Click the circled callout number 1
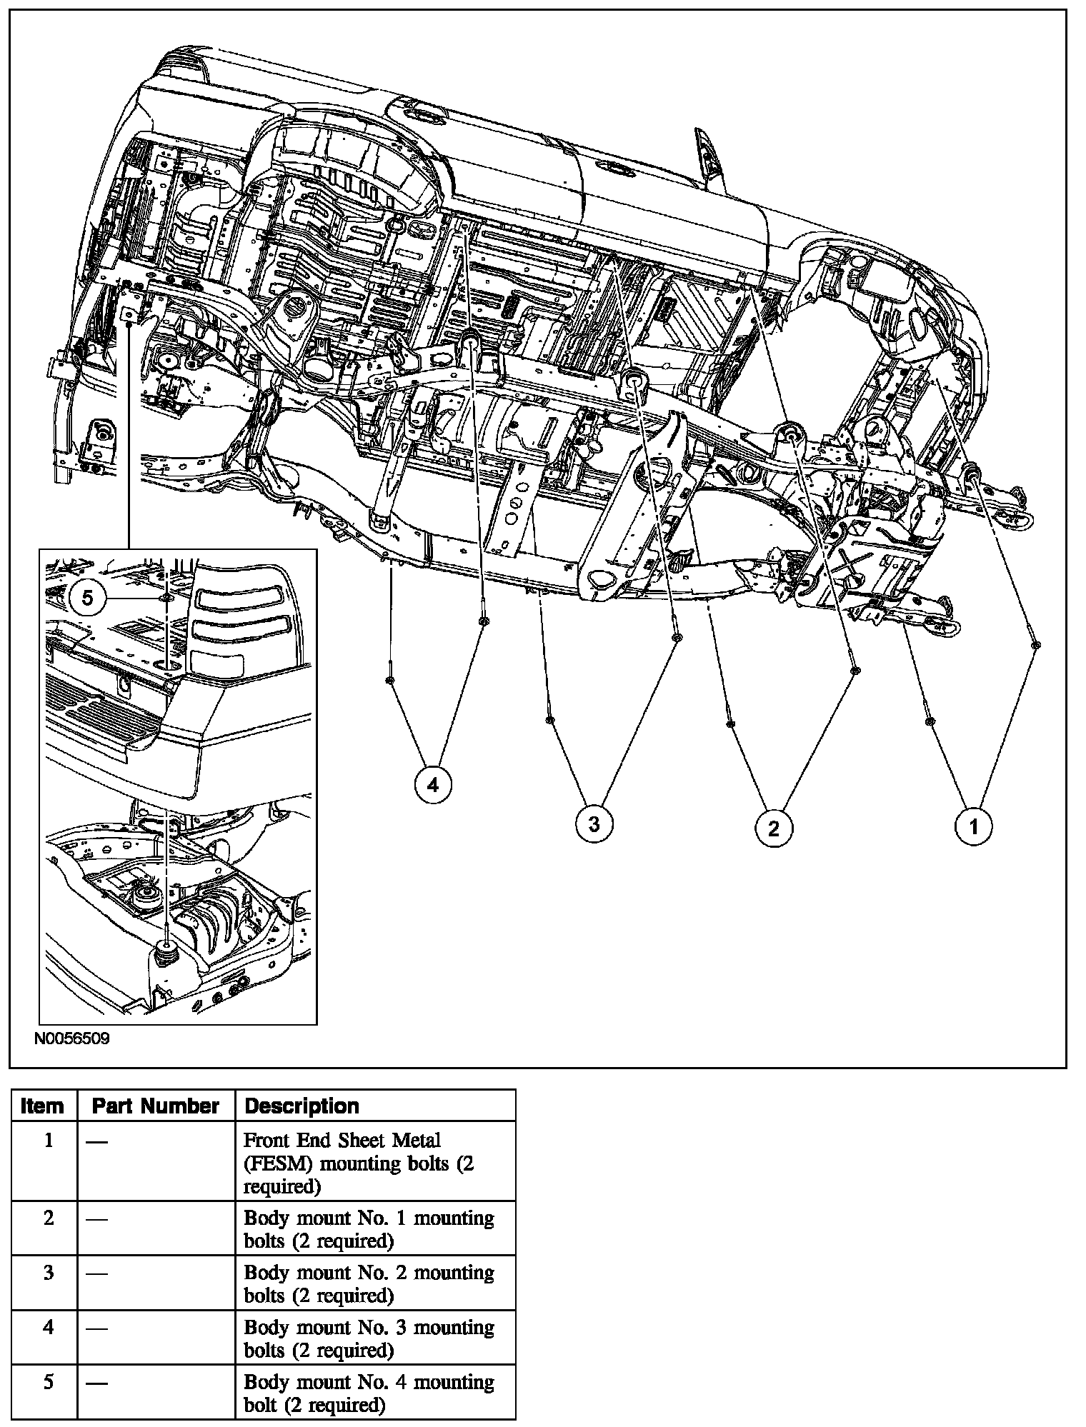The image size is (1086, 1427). click(973, 826)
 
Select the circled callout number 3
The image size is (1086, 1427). click(594, 824)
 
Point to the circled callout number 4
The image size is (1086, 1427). click(433, 786)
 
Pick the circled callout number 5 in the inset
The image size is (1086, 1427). click(87, 597)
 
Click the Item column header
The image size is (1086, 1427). click(42, 1106)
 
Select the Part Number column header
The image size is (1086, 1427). click(155, 1106)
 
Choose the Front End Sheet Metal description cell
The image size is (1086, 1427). click(357, 1163)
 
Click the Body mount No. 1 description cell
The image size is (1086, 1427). click(369, 1229)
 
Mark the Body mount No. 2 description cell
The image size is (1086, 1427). click(369, 1283)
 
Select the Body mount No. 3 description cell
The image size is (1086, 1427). click(369, 1338)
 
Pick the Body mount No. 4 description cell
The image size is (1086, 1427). click(369, 1393)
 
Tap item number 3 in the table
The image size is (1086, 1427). click(48, 1273)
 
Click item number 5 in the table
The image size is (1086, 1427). click(48, 1382)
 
